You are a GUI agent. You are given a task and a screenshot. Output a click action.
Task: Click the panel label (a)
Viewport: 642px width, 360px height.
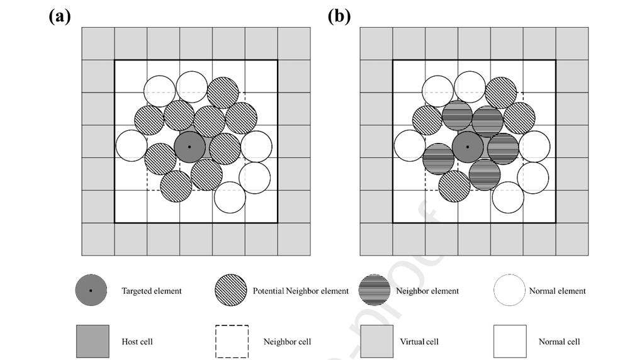point(60,16)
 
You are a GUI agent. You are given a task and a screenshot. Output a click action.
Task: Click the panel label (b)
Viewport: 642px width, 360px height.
point(339,16)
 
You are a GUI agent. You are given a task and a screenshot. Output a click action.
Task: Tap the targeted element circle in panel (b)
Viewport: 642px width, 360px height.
point(468,147)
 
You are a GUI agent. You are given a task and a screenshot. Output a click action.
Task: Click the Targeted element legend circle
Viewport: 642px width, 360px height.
point(91,291)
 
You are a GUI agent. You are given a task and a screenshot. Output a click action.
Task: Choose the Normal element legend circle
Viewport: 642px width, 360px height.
point(510,291)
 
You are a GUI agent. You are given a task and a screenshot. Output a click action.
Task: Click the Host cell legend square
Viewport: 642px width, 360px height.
point(92,342)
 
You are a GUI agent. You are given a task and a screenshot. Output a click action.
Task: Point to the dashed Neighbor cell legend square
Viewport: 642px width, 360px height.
point(232,342)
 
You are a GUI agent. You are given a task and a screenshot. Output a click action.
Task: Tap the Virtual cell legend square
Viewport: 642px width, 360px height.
point(376,342)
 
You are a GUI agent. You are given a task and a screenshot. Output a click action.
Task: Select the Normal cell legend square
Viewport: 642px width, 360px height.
point(510,342)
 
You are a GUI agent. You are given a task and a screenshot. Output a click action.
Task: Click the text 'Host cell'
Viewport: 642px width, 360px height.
point(137,342)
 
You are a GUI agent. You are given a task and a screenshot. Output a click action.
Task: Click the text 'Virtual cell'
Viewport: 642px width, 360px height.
point(419,342)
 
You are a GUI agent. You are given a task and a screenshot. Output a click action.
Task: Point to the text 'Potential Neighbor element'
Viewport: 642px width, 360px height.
point(301,291)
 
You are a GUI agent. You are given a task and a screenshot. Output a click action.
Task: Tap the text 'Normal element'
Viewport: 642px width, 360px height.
point(558,291)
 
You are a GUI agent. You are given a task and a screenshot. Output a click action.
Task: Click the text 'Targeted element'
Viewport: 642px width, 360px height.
point(152,291)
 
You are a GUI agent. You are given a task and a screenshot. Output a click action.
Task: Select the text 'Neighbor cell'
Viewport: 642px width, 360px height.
point(287,342)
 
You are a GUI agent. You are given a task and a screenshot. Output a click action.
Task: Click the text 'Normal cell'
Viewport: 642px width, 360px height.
point(560,342)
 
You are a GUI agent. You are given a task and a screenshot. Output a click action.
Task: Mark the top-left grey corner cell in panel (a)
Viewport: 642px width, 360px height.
point(98,43)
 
